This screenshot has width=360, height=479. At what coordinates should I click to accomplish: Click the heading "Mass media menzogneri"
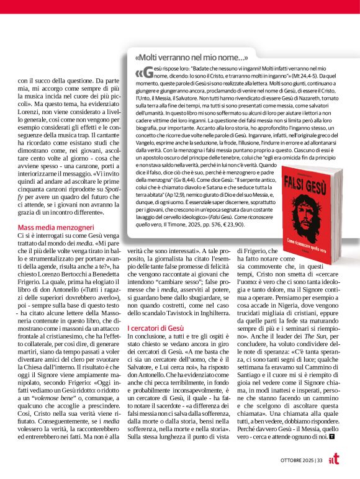click(55, 227)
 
